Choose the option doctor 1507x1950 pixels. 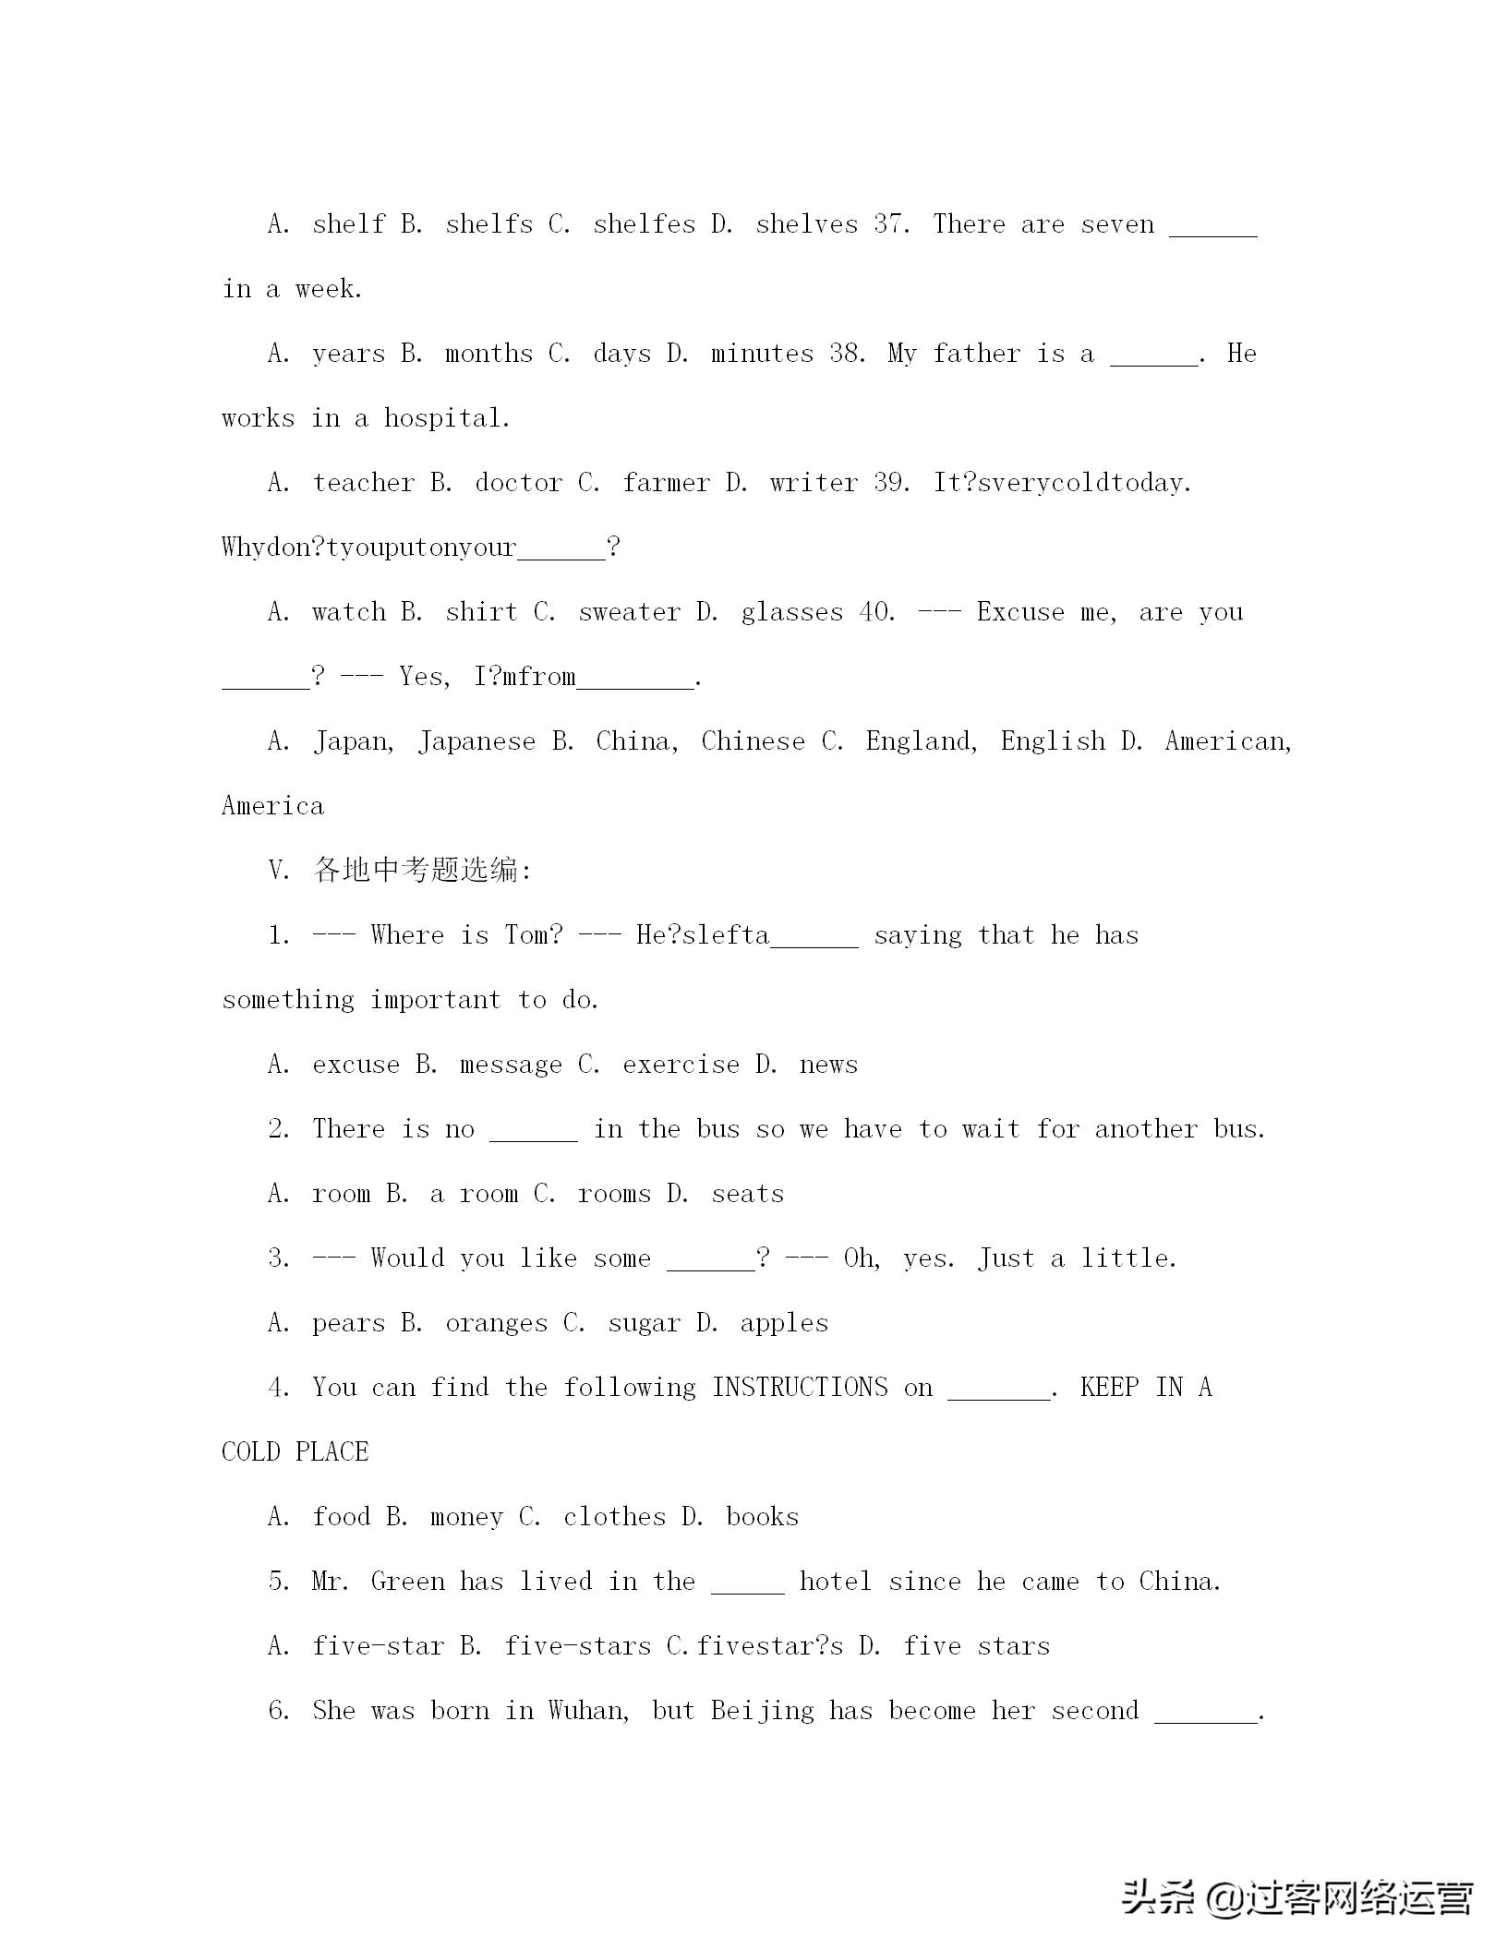[518, 483]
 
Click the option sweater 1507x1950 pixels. [629, 612]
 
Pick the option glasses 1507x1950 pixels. [791, 612]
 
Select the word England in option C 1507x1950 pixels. [921, 741]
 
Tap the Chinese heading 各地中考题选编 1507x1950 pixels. [422, 871]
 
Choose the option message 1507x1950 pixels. [511, 1065]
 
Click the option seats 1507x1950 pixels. [747, 1194]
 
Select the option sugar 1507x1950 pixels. [644, 1323]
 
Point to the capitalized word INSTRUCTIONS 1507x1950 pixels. [800, 1388]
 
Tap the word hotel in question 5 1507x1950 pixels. [836, 1582]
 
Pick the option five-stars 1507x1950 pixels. [577, 1646]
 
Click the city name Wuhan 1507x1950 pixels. [589, 1711]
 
